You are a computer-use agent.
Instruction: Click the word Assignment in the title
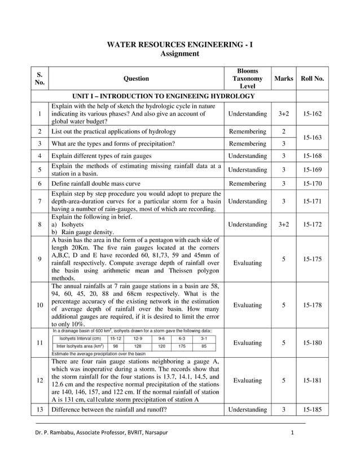click(180, 54)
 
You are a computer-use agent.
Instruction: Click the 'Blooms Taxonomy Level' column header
click(247, 79)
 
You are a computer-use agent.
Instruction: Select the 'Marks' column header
click(283, 79)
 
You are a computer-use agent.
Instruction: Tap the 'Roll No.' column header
click(313, 79)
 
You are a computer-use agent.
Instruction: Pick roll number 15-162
click(313, 114)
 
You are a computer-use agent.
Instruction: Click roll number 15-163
click(313, 138)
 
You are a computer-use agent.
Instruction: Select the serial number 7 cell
click(39, 201)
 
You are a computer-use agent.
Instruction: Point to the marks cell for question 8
click(283, 225)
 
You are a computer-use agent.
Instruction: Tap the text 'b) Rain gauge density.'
click(83, 232)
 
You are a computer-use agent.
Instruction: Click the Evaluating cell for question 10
click(247, 305)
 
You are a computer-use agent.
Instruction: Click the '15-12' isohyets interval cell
click(116, 338)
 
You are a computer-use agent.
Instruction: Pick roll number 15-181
click(313, 380)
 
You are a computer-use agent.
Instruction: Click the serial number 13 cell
click(39, 410)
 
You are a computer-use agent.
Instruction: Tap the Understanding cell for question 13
click(247, 410)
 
